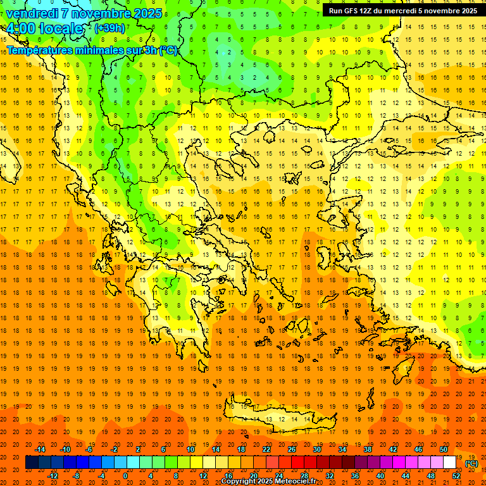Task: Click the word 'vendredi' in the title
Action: click(33, 13)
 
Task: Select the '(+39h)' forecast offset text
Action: click(109, 28)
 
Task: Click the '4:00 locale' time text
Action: click(44, 29)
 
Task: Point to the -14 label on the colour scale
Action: click(40, 449)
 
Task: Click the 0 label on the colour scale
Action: click(125, 476)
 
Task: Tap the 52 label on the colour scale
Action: click(456, 476)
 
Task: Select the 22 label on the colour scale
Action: click(267, 449)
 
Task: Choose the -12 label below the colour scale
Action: click(53, 476)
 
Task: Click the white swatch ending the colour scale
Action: click(449, 463)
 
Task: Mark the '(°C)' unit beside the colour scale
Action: click(471, 463)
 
